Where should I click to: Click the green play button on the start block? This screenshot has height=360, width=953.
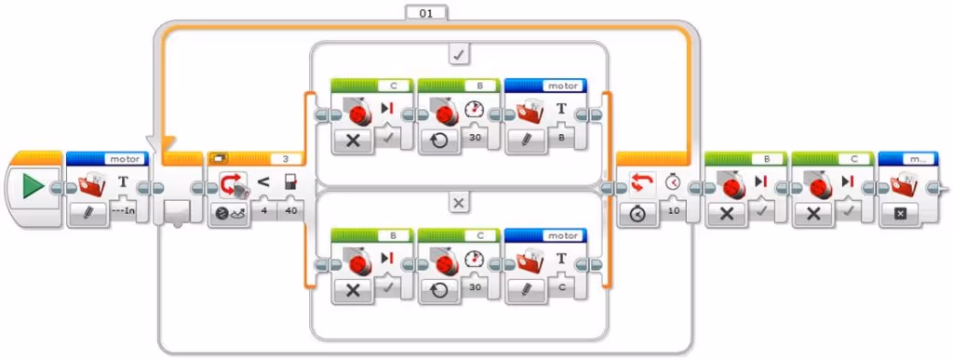pos(33,187)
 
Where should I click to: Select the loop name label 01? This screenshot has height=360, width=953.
pos(426,12)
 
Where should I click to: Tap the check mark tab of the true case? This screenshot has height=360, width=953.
pos(458,55)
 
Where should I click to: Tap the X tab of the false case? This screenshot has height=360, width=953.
pos(458,201)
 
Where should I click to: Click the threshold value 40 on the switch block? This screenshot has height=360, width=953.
pos(290,210)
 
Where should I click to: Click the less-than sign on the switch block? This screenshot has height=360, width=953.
pos(263,181)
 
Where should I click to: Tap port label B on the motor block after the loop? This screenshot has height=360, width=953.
pos(754,158)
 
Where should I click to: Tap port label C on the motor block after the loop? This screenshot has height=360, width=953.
pos(840,158)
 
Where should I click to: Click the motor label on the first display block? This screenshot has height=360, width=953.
pos(123,158)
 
